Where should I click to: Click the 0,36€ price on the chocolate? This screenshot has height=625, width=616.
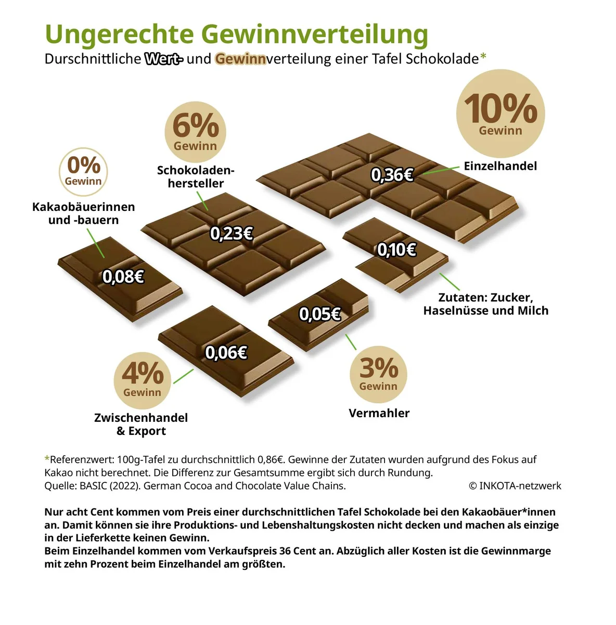[392, 175]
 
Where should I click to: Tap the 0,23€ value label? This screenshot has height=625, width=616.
[231, 233]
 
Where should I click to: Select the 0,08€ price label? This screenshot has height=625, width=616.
[123, 277]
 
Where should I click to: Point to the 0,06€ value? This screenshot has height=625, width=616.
[226, 353]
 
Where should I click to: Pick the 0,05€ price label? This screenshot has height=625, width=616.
[320, 314]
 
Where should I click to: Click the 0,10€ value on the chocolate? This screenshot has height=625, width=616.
[397, 250]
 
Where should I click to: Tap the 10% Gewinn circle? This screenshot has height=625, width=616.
[500, 114]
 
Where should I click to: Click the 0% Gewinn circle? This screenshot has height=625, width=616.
[83, 171]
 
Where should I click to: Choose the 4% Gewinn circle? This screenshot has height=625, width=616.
[143, 380]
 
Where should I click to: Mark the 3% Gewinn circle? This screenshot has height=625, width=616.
[378, 374]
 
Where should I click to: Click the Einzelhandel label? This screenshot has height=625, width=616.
[500, 166]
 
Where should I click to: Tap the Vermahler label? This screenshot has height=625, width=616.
[379, 413]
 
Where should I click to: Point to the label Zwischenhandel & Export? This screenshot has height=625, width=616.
[141, 424]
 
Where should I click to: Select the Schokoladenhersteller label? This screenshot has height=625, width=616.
[196, 177]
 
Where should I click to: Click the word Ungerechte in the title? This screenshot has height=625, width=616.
[120, 34]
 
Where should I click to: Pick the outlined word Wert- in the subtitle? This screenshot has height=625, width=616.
[163, 59]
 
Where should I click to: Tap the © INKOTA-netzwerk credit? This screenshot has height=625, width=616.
[515, 486]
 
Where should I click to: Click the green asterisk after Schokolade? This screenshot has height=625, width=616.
[483, 56]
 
